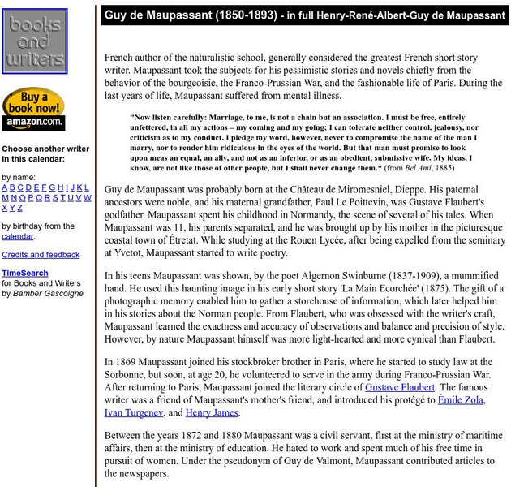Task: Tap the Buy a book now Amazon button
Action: click(32, 110)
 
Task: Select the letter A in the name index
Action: click(5, 187)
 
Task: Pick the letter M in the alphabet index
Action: click(5, 197)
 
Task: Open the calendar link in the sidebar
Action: click(17, 236)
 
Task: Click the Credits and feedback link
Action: click(41, 255)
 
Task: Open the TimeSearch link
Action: click(24, 274)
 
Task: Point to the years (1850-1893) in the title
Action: click(237, 15)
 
